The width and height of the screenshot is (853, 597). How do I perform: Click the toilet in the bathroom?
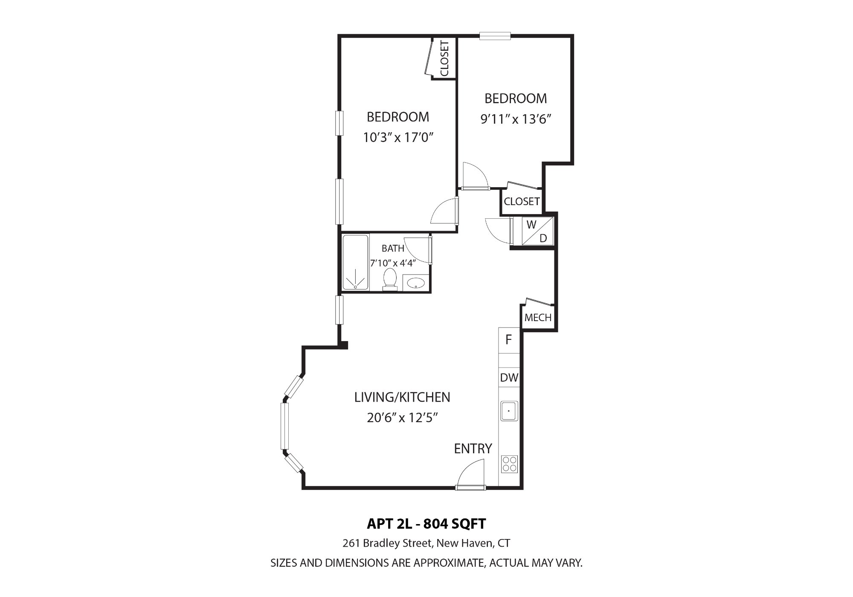pyautogui.click(x=390, y=279)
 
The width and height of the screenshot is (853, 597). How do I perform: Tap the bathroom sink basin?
pyautogui.click(x=415, y=283)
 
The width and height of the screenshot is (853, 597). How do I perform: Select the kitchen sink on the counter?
pyautogui.click(x=509, y=411)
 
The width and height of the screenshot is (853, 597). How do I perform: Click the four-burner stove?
pyautogui.click(x=509, y=464)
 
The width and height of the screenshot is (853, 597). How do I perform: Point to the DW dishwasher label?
pyautogui.click(x=509, y=377)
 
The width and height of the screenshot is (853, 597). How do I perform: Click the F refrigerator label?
pyautogui.click(x=508, y=339)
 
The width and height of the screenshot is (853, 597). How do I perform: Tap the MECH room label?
pyautogui.click(x=538, y=317)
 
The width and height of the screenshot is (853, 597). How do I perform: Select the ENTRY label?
pyautogui.click(x=473, y=449)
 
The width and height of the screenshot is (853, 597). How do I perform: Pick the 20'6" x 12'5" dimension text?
pyautogui.click(x=403, y=417)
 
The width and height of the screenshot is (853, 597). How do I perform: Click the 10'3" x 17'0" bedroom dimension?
pyautogui.click(x=398, y=137)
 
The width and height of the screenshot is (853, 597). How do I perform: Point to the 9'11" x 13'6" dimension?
pyautogui.click(x=516, y=119)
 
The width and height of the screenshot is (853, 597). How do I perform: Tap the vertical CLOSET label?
pyautogui.click(x=444, y=58)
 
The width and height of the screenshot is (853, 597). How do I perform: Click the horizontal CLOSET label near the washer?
pyautogui.click(x=522, y=201)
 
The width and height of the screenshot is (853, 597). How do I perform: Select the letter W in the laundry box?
pyautogui.click(x=531, y=225)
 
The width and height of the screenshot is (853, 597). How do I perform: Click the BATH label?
pyautogui.click(x=393, y=248)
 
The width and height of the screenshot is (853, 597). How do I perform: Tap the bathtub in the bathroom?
pyautogui.click(x=355, y=262)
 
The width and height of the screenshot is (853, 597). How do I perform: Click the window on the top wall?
pyautogui.click(x=495, y=36)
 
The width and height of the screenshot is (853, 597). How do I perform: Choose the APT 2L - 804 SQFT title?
pyautogui.click(x=426, y=524)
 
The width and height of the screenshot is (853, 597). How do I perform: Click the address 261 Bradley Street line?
pyautogui.click(x=426, y=543)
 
